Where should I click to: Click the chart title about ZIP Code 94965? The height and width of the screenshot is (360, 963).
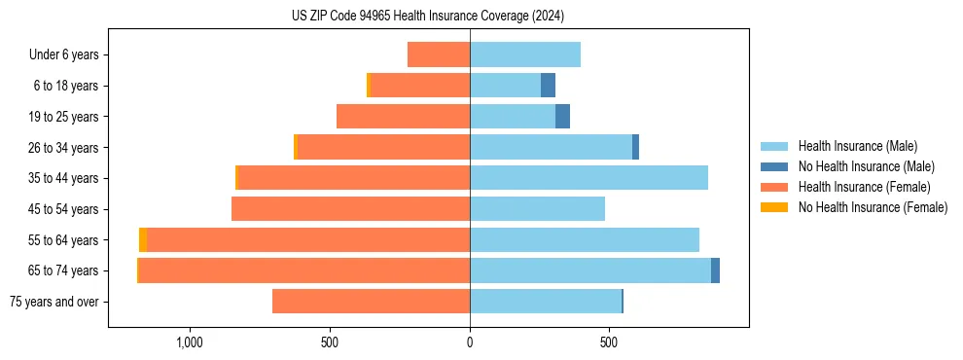tap(427, 17)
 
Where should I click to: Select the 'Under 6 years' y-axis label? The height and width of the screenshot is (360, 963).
tap(64, 55)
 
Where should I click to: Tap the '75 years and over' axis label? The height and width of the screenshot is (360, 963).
tap(54, 302)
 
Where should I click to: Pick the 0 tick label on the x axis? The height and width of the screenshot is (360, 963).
tap(470, 343)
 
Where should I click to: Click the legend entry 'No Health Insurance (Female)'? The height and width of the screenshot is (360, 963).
tap(873, 207)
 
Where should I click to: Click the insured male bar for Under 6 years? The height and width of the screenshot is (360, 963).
tap(525, 55)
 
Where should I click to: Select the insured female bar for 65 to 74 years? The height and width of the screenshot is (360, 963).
tap(304, 270)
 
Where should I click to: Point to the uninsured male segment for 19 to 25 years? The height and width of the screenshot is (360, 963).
tap(562, 117)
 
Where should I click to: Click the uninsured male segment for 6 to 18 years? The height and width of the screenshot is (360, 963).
tap(548, 86)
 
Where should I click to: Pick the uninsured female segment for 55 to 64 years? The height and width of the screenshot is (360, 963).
tap(143, 240)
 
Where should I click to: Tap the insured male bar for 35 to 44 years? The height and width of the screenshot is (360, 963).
tap(588, 178)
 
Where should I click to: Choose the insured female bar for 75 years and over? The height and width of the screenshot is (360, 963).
tap(371, 302)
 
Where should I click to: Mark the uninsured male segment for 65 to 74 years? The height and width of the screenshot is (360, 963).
tap(715, 270)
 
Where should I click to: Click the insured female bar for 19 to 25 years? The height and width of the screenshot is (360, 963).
tap(403, 117)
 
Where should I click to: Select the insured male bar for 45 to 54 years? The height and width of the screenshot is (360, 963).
tap(537, 209)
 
